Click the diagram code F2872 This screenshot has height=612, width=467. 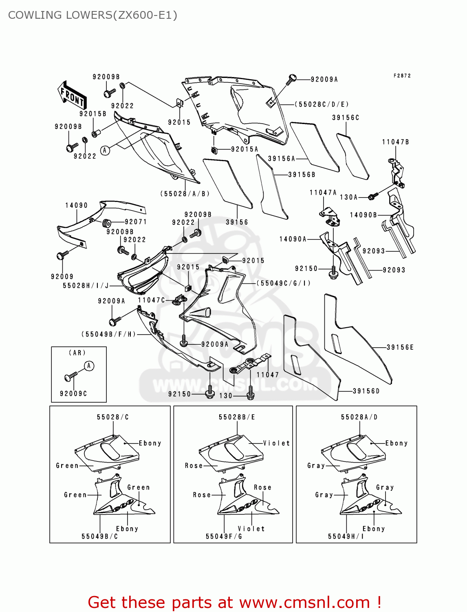tap(402, 76)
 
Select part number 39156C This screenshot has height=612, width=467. tap(346, 118)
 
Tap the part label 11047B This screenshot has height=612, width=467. tap(395, 142)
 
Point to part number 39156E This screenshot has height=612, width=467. tap(400, 347)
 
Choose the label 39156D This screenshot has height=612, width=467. tap(366, 391)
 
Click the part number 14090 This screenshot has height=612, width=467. tap(76, 205)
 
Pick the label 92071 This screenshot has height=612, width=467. tap(136, 222)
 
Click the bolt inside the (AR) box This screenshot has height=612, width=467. tap(70, 376)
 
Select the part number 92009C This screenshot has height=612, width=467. tap(73, 393)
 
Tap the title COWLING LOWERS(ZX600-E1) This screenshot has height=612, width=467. tap(93, 15)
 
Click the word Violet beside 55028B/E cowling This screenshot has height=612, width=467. tap(276, 443)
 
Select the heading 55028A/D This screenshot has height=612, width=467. tap(359, 417)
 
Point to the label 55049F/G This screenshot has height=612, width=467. tap(224, 536)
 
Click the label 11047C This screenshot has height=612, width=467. tap(152, 300)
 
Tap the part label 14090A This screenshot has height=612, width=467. tap(293, 239)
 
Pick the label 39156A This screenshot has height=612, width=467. tap(281, 158)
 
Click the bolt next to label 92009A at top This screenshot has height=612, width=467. tap(291, 79)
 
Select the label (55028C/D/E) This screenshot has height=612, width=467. tap(322, 104)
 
